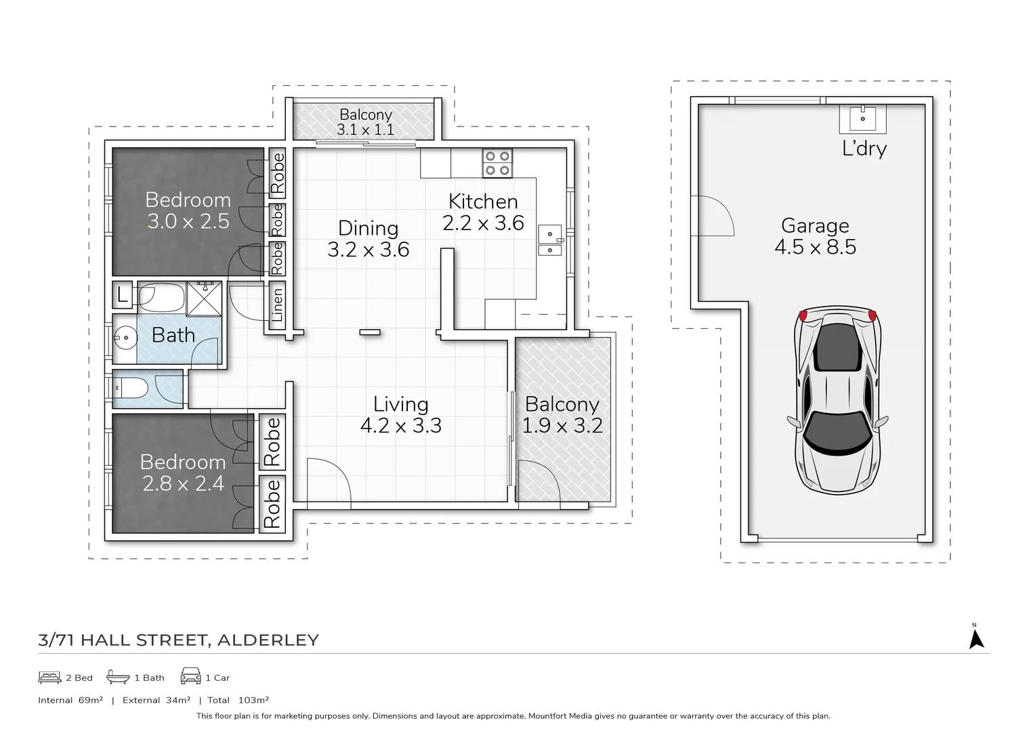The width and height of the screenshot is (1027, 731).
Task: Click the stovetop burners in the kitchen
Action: (x=497, y=163)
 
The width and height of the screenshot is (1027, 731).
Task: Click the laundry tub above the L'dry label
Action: (x=862, y=119)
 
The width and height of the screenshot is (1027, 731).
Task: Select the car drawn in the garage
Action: (x=838, y=399)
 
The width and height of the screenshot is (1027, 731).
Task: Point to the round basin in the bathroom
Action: (x=125, y=336)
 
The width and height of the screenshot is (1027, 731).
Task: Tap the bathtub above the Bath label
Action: (x=161, y=297)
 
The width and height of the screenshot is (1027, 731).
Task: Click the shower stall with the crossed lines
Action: (x=204, y=298)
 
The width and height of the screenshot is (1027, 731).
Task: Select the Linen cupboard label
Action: (x=276, y=305)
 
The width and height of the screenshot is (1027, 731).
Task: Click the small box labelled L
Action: (x=122, y=294)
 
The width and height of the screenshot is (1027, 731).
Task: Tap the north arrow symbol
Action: (x=976, y=638)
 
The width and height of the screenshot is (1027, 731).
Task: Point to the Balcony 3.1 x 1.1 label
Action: (x=366, y=122)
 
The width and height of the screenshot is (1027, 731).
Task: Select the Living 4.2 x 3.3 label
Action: (x=400, y=415)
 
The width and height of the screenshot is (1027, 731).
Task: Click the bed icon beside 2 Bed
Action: (x=49, y=677)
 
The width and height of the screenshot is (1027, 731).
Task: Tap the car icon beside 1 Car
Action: (x=190, y=676)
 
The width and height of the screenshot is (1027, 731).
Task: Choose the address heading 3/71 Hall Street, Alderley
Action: (x=178, y=640)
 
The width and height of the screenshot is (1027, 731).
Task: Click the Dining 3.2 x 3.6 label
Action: (x=368, y=238)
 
